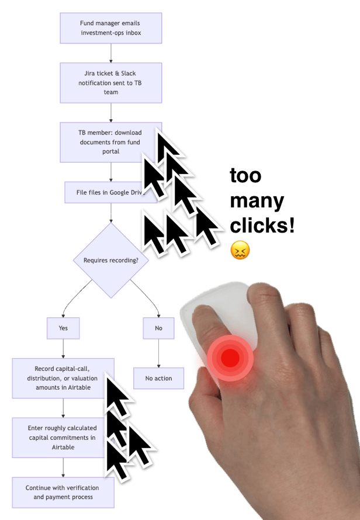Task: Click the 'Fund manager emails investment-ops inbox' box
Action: click(x=111, y=28)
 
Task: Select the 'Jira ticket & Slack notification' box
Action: click(x=111, y=84)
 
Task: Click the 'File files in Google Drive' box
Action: click(x=102, y=192)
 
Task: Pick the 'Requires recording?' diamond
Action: click(x=111, y=260)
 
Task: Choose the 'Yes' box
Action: click(x=63, y=328)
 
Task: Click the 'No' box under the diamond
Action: click(x=158, y=328)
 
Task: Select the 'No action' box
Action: click(x=158, y=378)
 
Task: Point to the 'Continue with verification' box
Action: click(x=63, y=492)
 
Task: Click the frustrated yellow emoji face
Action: click(x=240, y=251)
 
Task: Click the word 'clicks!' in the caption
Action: click(x=262, y=226)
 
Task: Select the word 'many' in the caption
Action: click(x=257, y=202)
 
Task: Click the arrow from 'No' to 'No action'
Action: click(x=158, y=353)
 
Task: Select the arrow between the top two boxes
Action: click(x=111, y=53)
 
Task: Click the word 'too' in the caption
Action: click(x=245, y=176)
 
